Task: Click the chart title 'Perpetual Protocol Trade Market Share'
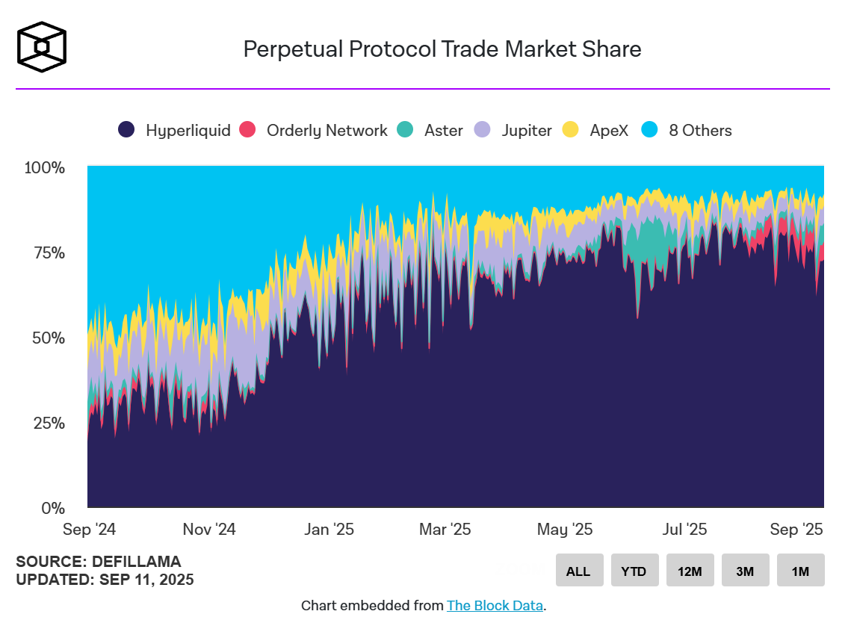point(442,49)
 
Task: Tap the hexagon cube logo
point(42,46)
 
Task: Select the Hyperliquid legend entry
point(175,130)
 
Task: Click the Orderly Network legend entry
point(314,130)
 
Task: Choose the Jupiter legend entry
point(515,130)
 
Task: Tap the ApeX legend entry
point(598,130)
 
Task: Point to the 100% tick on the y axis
point(45,167)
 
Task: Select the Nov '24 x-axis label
point(209,530)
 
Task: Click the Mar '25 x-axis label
point(445,530)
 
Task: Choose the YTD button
point(635,571)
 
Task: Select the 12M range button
point(690,571)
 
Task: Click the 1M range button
point(800,571)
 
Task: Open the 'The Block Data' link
point(495,606)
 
